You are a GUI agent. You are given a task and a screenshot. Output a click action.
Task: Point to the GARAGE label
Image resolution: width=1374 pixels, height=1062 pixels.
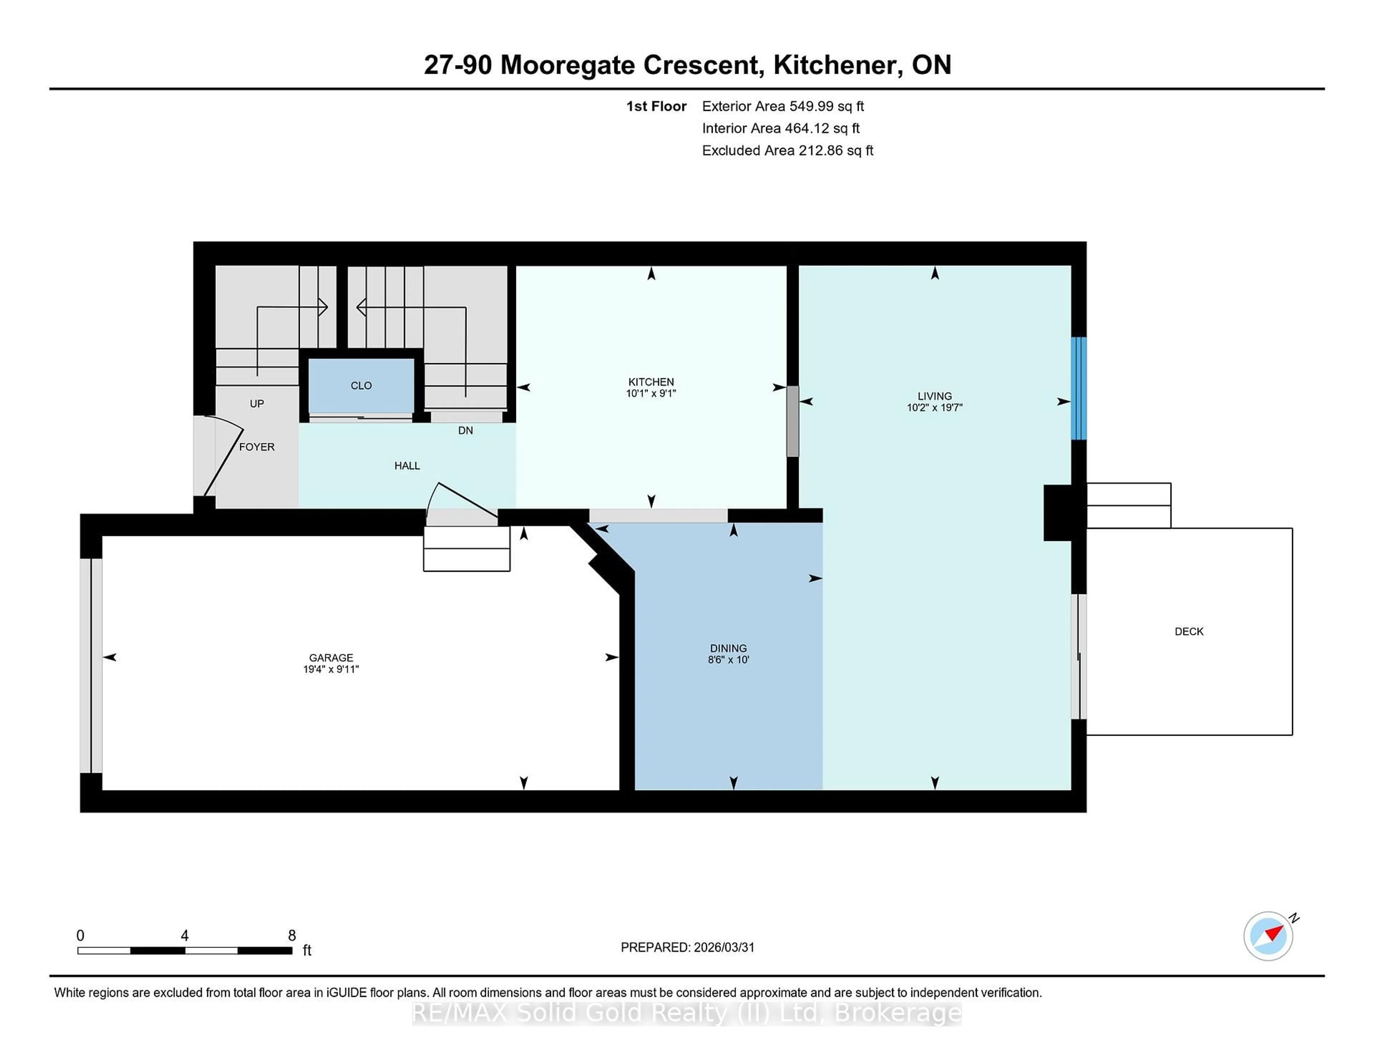pyautogui.click(x=331, y=657)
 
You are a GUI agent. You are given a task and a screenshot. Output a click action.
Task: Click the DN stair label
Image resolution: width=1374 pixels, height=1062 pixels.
pyautogui.click(x=466, y=431)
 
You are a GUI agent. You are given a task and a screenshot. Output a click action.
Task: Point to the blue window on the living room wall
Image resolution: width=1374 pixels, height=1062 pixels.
pyautogui.click(x=1078, y=388)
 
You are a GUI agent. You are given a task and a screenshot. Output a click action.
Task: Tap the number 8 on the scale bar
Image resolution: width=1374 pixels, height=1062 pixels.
pyautogui.click(x=292, y=936)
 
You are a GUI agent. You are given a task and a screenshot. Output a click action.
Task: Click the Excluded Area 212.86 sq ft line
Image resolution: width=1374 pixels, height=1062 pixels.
pyautogui.click(x=787, y=150)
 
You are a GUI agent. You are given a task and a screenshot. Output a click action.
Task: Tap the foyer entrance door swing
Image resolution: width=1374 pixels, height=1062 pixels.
pyautogui.click(x=223, y=456)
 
